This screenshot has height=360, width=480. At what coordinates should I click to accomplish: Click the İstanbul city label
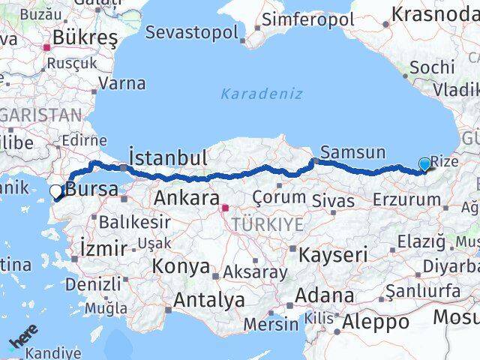[168, 158]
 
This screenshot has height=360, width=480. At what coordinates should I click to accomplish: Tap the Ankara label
[184, 199]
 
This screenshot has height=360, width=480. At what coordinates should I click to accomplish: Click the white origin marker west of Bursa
[55, 192]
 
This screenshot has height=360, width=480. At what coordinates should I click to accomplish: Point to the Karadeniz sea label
[262, 94]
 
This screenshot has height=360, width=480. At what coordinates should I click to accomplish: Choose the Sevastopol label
[192, 32]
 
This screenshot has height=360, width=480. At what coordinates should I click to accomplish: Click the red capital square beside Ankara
[224, 203]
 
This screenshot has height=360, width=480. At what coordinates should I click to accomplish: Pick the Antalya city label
[209, 301]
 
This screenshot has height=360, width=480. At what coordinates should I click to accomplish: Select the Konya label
[181, 266]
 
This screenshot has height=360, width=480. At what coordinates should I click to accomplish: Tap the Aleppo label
[376, 322]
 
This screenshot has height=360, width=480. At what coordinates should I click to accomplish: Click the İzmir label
[103, 244]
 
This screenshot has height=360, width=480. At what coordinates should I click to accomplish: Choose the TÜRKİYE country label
[267, 224]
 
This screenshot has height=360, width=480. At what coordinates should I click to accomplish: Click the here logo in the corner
[23, 340]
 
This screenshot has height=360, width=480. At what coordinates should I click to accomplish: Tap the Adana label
[325, 295]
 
